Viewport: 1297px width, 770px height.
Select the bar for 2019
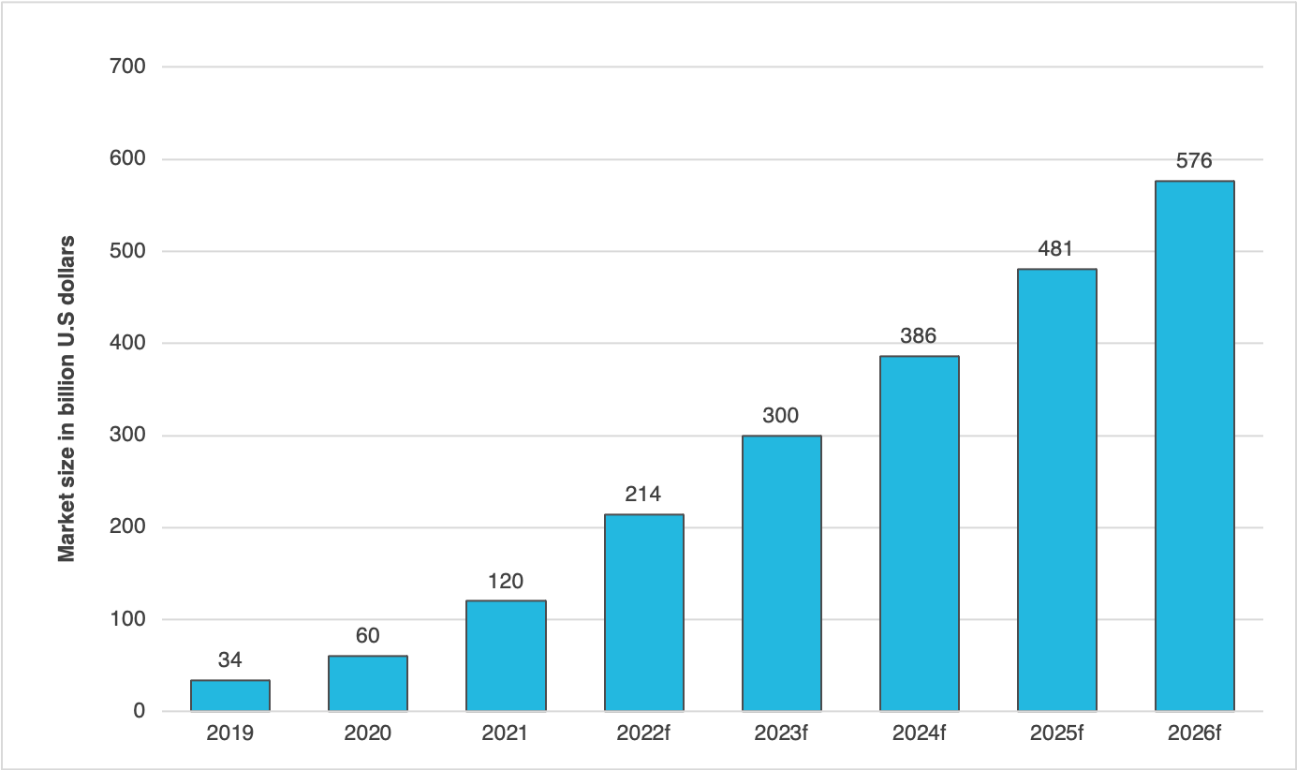click(x=230, y=695)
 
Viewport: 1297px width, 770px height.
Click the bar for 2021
click(x=506, y=656)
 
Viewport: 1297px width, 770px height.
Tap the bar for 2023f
click(x=781, y=573)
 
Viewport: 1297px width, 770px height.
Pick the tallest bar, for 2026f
click(x=1194, y=446)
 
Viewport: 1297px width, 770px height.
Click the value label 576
click(x=1194, y=161)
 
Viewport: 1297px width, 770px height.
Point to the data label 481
click(x=1056, y=249)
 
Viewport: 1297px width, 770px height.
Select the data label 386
click(x=919, y=336)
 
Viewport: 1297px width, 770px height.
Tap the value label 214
click(x=643, y=495)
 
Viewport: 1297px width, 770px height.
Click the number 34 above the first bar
click(x=230, y=660)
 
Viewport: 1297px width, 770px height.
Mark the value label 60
click(x=368, y=636)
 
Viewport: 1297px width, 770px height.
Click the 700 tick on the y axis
click(x=127, y=67)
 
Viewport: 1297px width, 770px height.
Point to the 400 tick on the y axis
click(x=127, y=344)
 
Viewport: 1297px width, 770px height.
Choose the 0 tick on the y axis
click(x=139, y=712)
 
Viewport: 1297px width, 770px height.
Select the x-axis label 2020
click(x=368, y=733)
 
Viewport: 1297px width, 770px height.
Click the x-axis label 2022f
click(x=643, y=733)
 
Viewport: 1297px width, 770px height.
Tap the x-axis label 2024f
click(x=919, y=733)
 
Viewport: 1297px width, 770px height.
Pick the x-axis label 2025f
click(x=1056, y=733)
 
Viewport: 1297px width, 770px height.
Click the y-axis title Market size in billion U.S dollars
click(x=66, y=398)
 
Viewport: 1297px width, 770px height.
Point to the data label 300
click(x=781, y=416)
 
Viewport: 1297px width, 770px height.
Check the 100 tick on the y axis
click(x=127, y=620)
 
